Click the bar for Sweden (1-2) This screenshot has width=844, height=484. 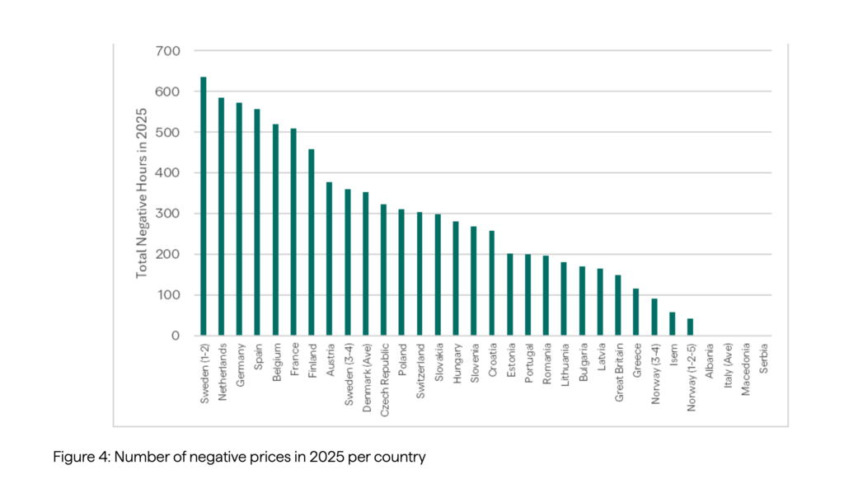[x=204, y=206]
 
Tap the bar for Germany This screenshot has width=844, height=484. [x=239, y=219]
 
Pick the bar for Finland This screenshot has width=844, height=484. [x=311, y=242]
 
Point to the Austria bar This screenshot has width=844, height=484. [x=329, y=259]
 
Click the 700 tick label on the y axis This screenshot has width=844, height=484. [x=168, y=51]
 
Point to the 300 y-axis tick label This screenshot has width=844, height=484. [x=168, y=214]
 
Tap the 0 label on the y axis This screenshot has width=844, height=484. [x=175, y=336]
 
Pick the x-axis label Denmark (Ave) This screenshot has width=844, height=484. [x=365, y=372]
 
